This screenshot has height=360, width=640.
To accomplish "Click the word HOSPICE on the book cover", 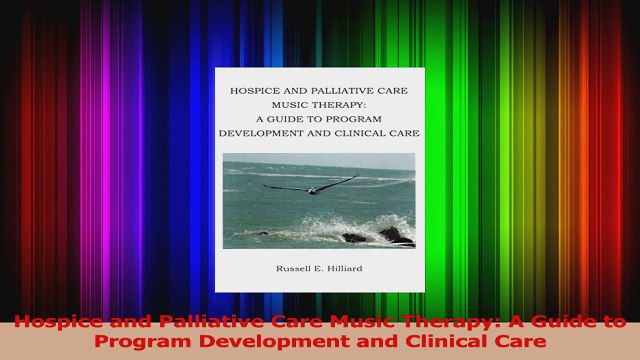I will (256, 91).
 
